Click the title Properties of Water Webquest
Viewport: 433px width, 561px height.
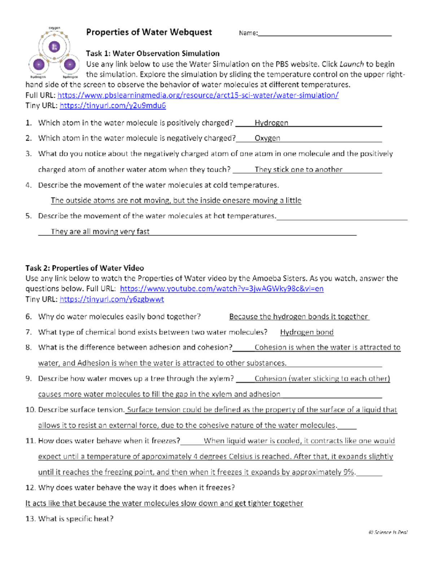click(x=149, y=32)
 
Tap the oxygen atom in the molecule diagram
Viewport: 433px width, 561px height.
click(x=54, y=46)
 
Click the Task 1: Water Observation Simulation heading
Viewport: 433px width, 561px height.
click(x=152, y=53)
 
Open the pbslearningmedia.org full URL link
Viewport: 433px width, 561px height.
click(x=198, y=95)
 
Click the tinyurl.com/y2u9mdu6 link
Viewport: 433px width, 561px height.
click(x=113, y=106)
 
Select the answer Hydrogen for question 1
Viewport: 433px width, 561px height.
click(x=271, y=123)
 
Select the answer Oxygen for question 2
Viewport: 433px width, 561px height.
click(x=267, y=138)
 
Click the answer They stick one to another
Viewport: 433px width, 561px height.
click(x=298, y=169)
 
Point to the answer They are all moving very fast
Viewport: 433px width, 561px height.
click(x=100, y=232)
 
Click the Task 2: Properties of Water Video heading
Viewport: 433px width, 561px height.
click(x=84, y=268)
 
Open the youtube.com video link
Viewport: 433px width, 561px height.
click(x=222, y=289)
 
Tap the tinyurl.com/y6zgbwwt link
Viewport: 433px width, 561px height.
click(x=111, y=299)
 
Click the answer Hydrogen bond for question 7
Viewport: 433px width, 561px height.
click(x=306, y=332)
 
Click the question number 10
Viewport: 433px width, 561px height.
click(x=30, y=410)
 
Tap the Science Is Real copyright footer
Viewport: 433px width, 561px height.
click(x=388, y=532)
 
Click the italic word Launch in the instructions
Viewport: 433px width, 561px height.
click(x=351, y=64)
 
